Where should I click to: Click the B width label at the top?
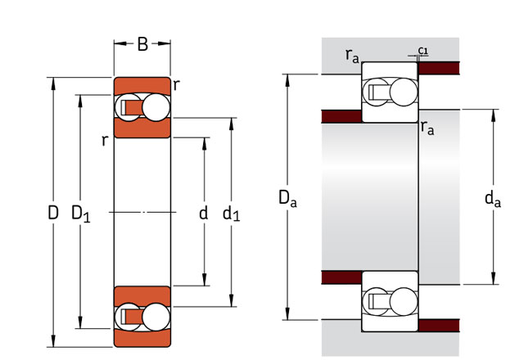pos(142,44)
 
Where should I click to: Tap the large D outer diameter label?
pos(52,214)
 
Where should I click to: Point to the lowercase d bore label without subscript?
pos(204,214)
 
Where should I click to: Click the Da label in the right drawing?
pos(287,197)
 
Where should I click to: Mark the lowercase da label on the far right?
pos(492,197)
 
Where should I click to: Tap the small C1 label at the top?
pos(422,51)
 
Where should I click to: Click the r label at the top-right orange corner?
pos(177,83)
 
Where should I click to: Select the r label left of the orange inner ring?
pos(105,140)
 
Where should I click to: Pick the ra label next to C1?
pos(353,55)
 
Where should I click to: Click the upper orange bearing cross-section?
pos(142,107)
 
